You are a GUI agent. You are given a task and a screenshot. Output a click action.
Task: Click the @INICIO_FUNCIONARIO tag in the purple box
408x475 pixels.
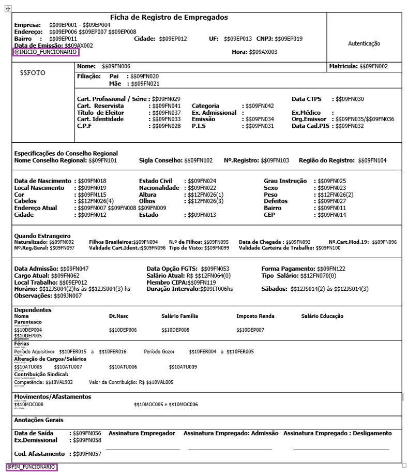46,52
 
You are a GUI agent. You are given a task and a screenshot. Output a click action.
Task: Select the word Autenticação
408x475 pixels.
365,44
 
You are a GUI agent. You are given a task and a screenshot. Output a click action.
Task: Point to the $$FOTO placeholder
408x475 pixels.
33,73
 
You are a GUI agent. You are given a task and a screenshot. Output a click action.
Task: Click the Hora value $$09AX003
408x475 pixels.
263,52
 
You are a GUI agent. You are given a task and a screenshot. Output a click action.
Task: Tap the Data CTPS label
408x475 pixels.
307,98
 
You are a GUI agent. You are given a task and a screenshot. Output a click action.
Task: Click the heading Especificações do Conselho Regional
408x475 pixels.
66,153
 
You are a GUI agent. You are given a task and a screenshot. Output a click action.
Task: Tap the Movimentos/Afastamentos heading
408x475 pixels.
53,397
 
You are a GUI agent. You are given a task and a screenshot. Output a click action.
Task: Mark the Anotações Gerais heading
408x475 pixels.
39,420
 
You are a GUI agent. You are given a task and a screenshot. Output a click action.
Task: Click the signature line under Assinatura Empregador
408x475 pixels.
142,449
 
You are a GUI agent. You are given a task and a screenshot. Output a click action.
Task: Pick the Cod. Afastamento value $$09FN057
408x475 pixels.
87,453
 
